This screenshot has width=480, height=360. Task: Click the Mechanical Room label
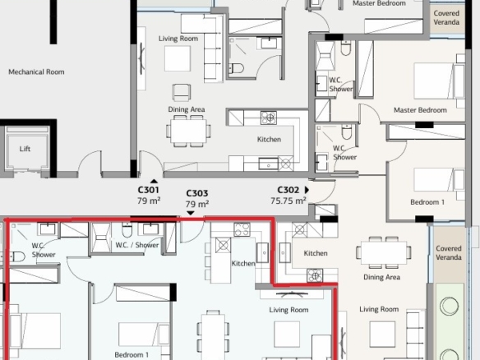[36, 72]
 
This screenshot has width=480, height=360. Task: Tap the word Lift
[25, 149]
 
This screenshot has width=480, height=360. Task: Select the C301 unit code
[149, 190]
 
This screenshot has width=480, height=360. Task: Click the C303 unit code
[197, 193]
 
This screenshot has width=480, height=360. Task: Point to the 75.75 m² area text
[288, 201]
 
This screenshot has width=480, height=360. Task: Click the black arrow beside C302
[307, 190]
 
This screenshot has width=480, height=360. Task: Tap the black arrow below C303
[191, 213]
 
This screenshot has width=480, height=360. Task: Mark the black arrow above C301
[154, 181]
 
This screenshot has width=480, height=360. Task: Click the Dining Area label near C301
[187, 109]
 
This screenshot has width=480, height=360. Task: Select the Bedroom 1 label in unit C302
[427, 202]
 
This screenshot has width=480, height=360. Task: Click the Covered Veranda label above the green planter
[449, 253]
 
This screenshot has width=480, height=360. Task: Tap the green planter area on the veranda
[450, 321]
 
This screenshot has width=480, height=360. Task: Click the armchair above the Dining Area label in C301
[181, 92]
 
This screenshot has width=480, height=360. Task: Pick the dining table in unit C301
[188, 131]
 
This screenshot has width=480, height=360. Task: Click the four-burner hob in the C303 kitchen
[242, 229]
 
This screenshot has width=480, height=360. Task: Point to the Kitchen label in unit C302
[316, 253]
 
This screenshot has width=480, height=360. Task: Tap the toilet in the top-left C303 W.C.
[18, 256]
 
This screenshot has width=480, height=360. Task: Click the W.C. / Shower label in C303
[137, 245]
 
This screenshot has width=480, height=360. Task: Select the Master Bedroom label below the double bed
[420, 110]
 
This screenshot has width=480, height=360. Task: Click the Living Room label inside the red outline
[288, 310]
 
